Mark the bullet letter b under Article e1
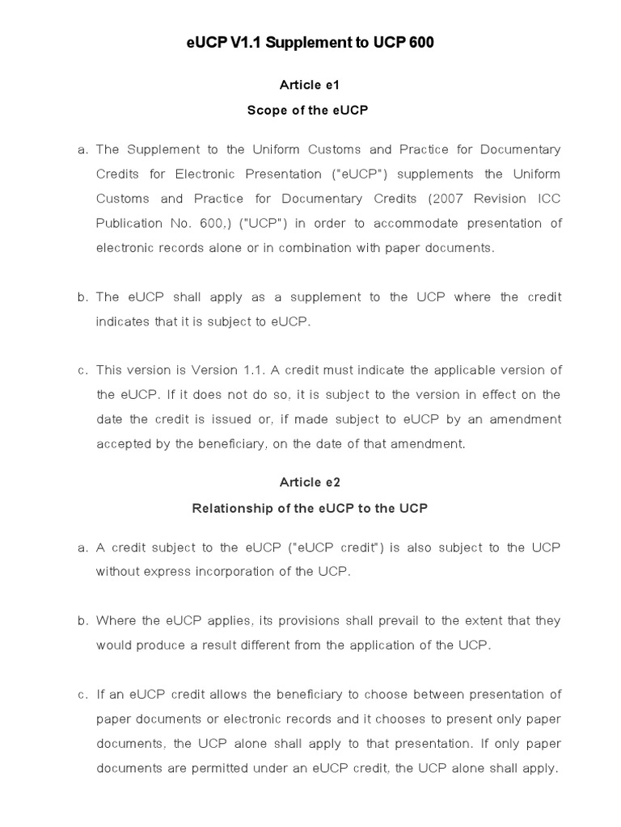tap(82, 297)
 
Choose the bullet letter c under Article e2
tap(82, 695)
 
